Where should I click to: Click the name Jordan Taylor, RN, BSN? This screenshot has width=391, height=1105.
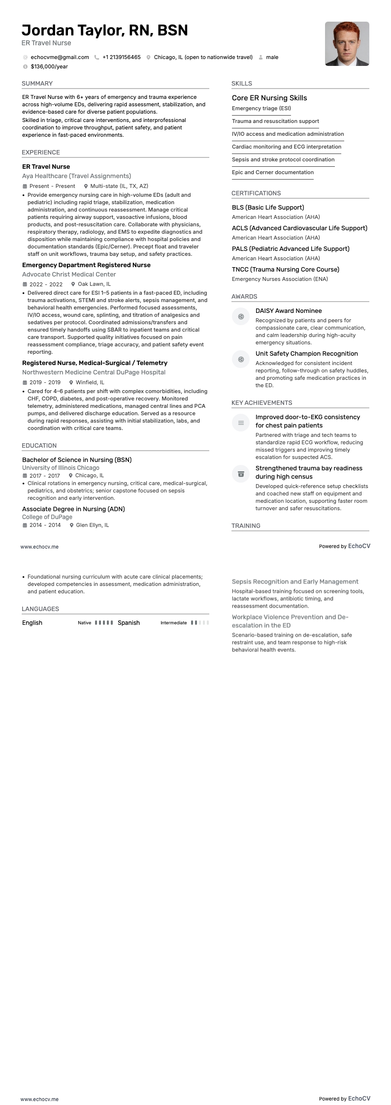tap(105, 31)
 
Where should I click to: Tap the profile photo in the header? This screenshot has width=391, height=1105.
tap(347, 44)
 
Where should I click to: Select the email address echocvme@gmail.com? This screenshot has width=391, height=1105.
tap(60, 57)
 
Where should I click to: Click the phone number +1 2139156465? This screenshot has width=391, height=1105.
tap(121, 57)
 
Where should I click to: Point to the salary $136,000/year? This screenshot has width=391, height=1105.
tap(49, 66)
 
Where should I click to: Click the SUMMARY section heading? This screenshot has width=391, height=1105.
tap(37, 84)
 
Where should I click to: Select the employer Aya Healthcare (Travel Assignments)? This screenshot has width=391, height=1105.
tap(76, 176)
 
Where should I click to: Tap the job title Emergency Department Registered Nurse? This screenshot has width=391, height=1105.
tap(86, 265)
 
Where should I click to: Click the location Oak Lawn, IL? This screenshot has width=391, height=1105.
tap(94, 284)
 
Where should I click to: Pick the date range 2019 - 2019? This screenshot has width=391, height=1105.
tap(45, 382)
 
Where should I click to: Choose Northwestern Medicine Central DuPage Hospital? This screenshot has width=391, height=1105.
tap(94, 372)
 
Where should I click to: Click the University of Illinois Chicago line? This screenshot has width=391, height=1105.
tap(61, 468)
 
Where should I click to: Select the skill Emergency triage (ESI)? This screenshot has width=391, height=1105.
tap(261, 109)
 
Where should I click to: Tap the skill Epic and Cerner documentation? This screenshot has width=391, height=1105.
tap(272, 173)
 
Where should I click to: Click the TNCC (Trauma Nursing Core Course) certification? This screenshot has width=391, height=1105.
tap(285, 270)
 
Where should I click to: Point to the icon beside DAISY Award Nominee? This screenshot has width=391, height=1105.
tap(241, 316)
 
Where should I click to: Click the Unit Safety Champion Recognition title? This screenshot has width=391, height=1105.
tap(306, 354)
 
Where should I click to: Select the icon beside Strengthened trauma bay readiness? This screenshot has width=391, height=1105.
tap(241, 474)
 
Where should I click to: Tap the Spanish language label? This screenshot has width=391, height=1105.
tap(129, 623)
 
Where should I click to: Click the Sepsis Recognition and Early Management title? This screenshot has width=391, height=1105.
tap(295, 582)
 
